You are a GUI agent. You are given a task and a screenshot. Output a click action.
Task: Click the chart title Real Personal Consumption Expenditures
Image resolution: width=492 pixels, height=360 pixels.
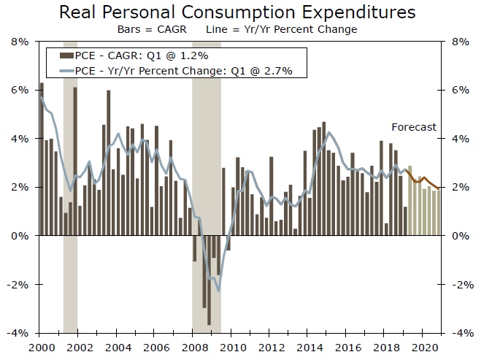click(x=237, y=12)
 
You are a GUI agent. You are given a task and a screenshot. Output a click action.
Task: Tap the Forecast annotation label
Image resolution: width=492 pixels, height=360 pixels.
click(x=413, y=127)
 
